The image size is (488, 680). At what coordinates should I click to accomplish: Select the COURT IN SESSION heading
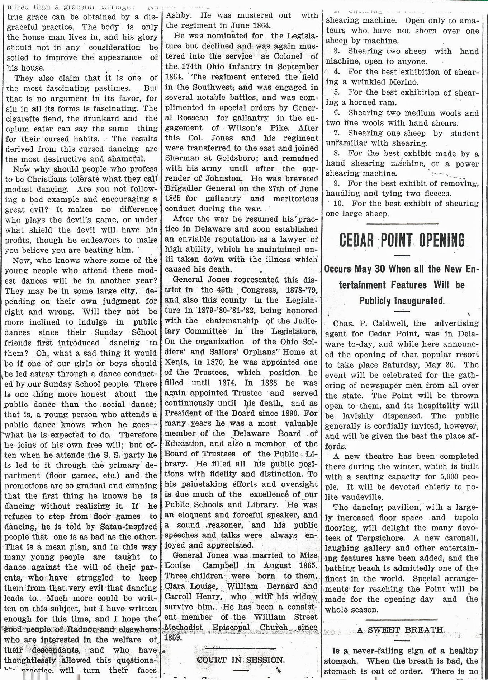(241, 660)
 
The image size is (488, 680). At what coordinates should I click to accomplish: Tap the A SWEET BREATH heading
(401, 630)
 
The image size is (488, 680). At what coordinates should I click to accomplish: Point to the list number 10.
(338, 204)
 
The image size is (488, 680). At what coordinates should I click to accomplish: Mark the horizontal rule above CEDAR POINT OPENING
(402, 224)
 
